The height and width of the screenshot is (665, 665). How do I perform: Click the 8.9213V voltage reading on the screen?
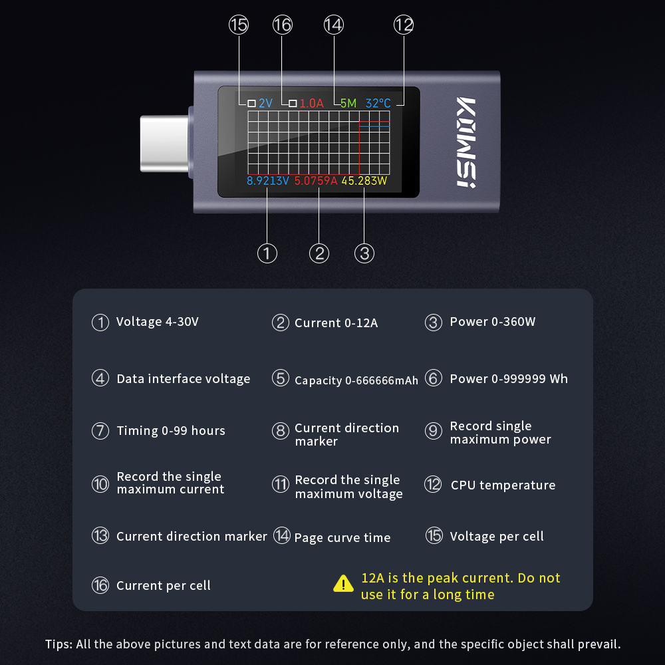point(267,180)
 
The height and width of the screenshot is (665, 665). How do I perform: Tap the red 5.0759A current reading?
point(317,180)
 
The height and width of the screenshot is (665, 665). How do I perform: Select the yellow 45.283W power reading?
point(364,180)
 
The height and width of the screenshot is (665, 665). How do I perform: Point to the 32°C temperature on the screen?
point(378,103)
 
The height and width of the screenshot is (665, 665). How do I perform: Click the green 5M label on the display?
point(348,103)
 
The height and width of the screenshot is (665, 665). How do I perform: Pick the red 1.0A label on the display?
point(311,103)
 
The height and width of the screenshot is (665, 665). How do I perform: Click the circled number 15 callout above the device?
point(238,25)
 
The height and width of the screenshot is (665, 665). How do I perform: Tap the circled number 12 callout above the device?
point(404,25)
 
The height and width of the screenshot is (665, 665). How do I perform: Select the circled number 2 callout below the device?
point(319,253)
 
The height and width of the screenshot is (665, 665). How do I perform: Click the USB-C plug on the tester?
point(164,143)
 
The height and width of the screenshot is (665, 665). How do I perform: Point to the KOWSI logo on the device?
point(467,142)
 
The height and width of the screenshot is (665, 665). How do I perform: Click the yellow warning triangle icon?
point(343,584)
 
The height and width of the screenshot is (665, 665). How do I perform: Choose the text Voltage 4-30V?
point(158,322)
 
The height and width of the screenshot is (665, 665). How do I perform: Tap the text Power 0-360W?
point(493,322)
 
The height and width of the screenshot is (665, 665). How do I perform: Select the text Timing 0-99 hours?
point(171,431)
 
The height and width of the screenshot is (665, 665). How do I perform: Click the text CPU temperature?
point(503,485)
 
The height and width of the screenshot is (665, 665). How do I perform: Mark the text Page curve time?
point(342,537)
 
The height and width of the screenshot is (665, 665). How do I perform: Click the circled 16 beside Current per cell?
point(100,585)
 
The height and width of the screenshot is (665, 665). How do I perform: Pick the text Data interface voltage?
point(184,379)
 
